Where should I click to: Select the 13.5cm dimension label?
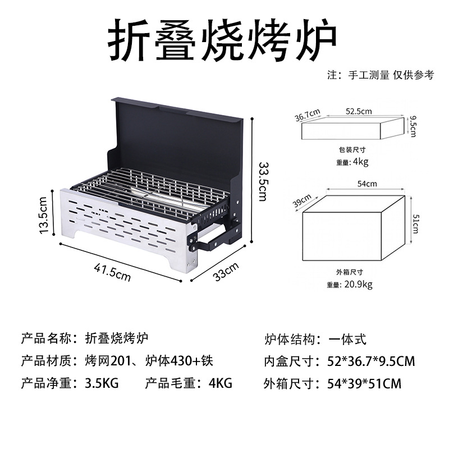coord(43,216)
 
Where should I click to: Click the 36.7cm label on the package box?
coord(308,115)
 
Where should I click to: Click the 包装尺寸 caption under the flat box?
coord(352,150)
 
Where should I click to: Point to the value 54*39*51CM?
coord(364,384)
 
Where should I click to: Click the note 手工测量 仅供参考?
coord(387,75)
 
